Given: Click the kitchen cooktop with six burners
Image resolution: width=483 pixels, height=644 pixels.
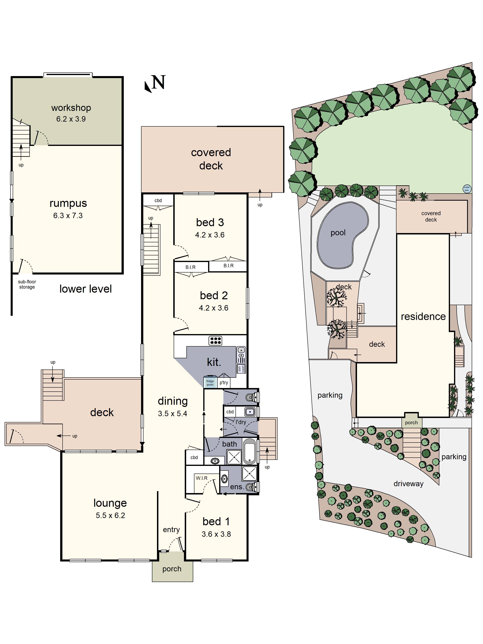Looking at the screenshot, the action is pos(215,340).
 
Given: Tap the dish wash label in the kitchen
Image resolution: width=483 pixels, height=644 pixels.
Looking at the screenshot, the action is pos(241,368).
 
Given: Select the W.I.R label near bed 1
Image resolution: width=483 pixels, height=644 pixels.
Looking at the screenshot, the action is pos(201,478).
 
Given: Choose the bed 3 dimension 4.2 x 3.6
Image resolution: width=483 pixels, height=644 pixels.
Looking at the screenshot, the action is pos(210,235).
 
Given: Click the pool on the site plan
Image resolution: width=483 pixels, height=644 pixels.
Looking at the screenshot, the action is pos(342,235).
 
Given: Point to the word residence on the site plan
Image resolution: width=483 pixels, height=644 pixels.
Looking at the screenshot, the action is pos(423,317).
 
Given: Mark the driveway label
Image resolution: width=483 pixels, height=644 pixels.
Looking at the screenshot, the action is pos(408,484).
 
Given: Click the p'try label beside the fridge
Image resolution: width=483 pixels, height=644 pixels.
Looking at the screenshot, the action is pos(224,383).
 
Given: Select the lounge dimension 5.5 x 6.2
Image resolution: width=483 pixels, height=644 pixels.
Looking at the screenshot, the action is pos(110,515).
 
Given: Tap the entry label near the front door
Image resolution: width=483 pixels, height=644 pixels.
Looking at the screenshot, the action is pos(171,529).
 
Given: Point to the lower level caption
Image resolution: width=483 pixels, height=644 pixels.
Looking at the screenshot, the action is pos(86,289).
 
